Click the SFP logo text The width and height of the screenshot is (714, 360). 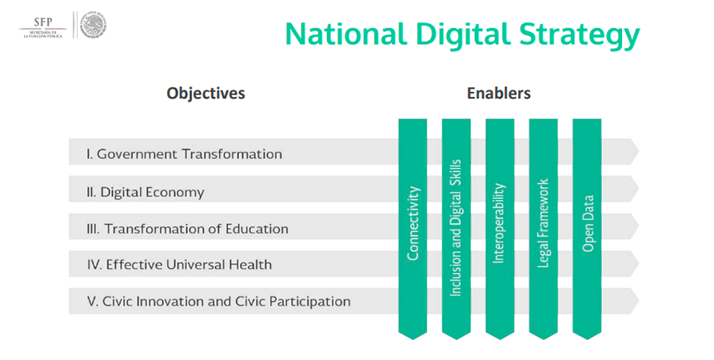43,22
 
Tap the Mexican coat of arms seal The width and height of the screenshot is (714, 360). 94,26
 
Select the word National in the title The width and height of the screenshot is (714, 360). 345,34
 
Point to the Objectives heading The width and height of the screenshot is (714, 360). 205,93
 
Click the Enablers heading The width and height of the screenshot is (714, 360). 499,93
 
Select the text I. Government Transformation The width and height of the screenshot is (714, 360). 184,154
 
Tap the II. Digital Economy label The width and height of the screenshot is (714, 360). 146,192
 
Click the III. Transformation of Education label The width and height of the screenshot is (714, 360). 187,228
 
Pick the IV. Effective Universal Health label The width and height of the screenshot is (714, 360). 179,264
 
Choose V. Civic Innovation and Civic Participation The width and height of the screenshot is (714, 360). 218,302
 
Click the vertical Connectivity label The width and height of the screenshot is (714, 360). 413,223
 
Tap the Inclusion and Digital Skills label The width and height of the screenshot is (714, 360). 456,228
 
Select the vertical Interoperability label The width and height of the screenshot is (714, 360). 499,223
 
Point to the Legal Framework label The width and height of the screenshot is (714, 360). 543,223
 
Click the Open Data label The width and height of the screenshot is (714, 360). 588,223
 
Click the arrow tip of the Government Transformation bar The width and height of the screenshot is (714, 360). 638,151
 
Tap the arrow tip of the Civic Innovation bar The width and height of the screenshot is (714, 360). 638,301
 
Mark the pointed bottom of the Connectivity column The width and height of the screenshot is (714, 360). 413,339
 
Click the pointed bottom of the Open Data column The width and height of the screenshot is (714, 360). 587,339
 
